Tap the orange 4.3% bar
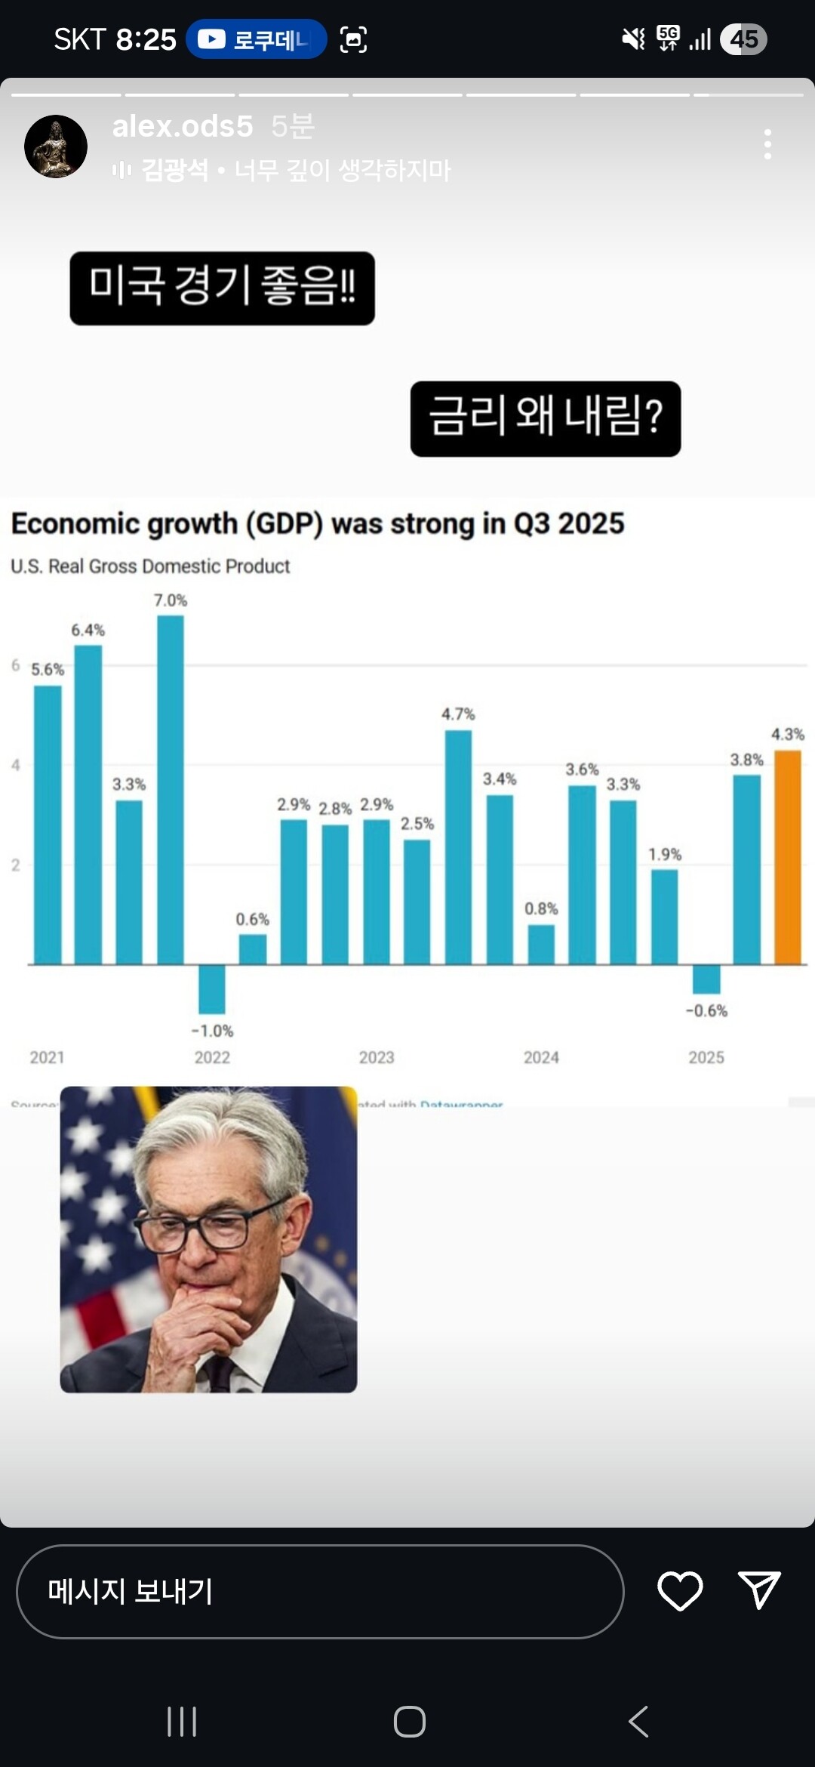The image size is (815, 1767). coord(788,857)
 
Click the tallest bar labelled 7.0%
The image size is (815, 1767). coord(171,789)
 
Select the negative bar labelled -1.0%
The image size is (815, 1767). coord(212,988)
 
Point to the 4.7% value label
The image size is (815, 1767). coord(458,714)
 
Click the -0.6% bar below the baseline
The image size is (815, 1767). coord(706,979)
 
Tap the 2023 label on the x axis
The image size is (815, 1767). coord(377,1057)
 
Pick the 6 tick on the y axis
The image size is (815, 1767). coord(15,665)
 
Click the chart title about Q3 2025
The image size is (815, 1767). coord(318,523)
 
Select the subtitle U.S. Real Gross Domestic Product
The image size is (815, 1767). coord(150,566)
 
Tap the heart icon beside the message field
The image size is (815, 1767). coord(680,1591)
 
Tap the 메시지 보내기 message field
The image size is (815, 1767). coord(320,1591)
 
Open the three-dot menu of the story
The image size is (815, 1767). coord(767,144)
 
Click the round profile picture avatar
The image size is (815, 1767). coord(56,146)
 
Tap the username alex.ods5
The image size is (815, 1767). coord(183,126)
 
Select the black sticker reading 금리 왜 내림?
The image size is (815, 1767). coord(546,418)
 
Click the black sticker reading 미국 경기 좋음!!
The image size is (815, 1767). coord(222,288)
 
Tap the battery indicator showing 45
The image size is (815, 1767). coord(743,39)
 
